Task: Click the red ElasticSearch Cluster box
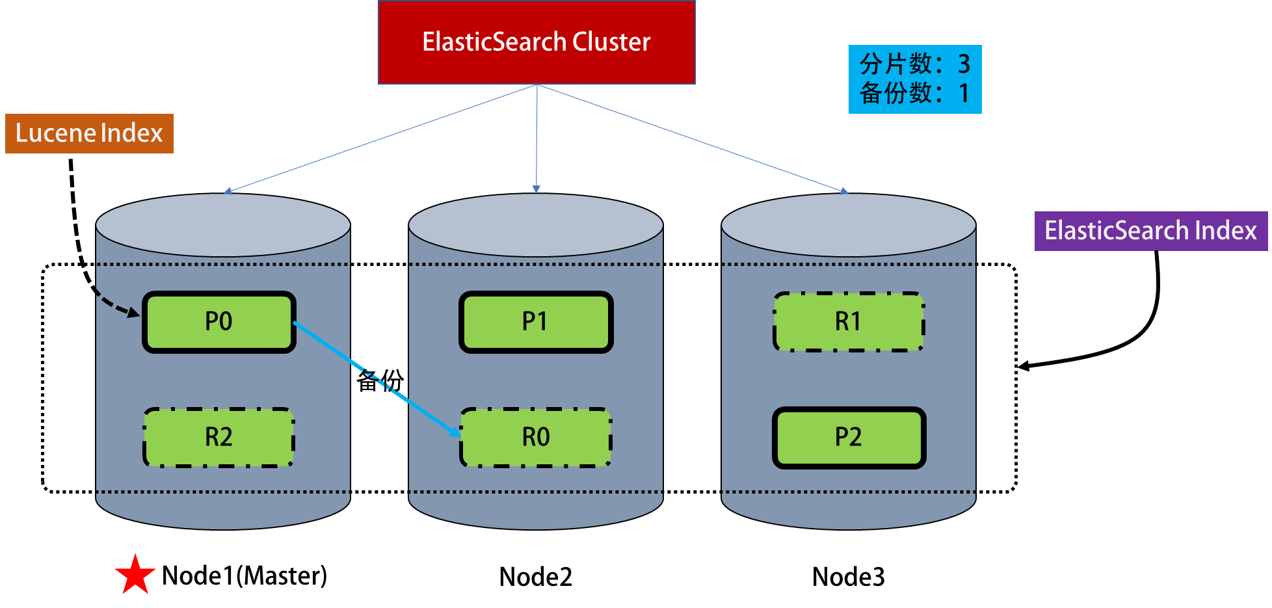(537, 42)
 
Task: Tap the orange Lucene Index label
(89, 133)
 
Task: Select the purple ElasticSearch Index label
(1150, 231)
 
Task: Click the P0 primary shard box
(219, 322)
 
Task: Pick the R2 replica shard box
(219, 437)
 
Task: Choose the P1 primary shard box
(536, 322)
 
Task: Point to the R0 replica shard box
(536, 437)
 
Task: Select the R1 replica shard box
(848, 322)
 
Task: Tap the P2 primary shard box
(849, 437)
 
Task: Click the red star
(135, 575)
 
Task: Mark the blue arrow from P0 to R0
(377, 379)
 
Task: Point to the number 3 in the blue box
(964, 64)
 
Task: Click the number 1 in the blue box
(964, 94)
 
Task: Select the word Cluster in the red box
(611, 42)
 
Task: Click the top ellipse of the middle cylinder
(536, 225)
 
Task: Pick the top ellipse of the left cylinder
(223, 225)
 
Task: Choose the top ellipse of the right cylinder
(848, 225)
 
